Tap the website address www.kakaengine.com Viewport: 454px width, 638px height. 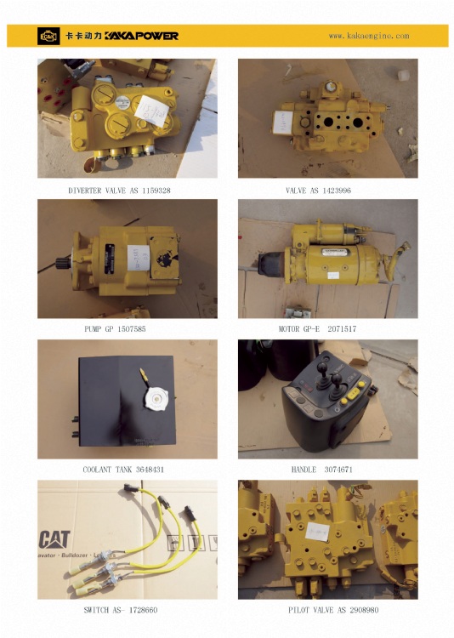369,37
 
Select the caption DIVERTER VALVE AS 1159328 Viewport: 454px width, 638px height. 119,191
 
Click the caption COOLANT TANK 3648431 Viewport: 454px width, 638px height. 123,469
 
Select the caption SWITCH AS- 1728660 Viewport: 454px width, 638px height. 120,610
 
